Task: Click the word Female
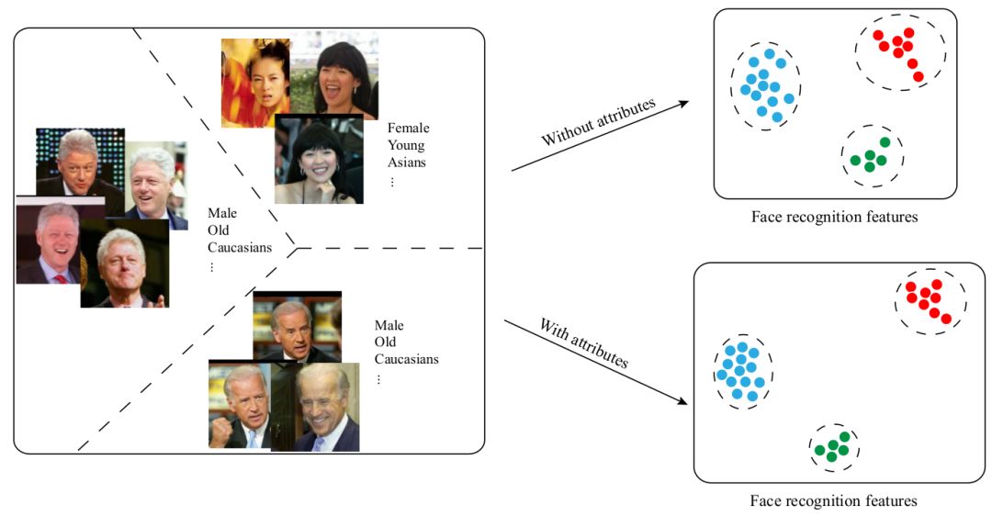click(x=408, y=129)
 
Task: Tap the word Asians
click(x=407, y=163)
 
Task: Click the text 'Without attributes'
click(x=598, y=122)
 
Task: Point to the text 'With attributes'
click(x=582, y=343)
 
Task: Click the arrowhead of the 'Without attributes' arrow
click(x=683, y=104)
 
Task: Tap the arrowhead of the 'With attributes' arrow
click(x=683, y=401)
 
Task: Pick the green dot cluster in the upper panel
click(x=871, y=156)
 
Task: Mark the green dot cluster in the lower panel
click(x=834, y=446)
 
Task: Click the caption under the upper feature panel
click(x=834, y=218)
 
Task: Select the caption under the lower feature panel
click(x=833, y=501)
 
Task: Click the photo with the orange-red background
click(x=254, y=81)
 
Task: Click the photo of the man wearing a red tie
click(x=48, y=243)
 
